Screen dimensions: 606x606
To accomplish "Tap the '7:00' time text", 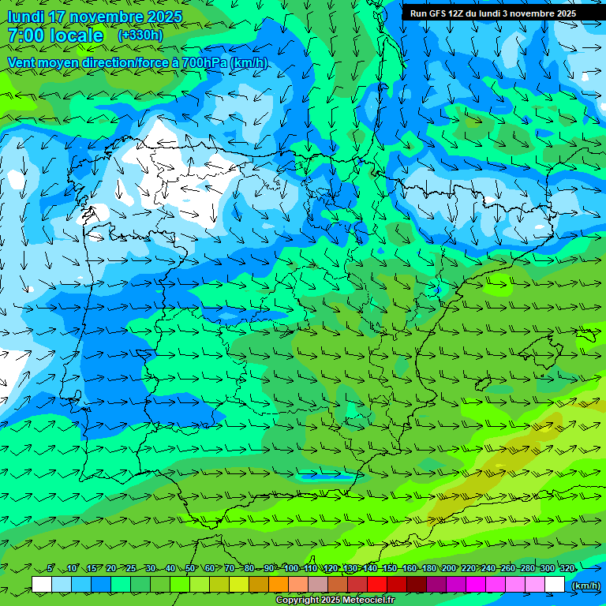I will pos(24,36).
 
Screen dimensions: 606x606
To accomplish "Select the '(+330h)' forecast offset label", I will pos(140,36).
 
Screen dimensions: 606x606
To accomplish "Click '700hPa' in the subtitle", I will pos(204,62).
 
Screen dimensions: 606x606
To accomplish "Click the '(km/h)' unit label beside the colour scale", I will pos(585,585).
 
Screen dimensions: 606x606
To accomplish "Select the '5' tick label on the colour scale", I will pos(50,568).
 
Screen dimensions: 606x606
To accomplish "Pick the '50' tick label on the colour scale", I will pos(190,568).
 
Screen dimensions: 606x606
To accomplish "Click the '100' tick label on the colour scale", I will pos(291,568).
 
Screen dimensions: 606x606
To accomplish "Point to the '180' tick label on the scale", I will pos(429,568).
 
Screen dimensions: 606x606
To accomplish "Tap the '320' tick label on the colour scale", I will pos(567,568).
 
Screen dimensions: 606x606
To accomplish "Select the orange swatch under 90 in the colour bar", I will pos(279,585).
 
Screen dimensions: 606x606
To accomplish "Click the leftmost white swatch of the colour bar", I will pos(42,585).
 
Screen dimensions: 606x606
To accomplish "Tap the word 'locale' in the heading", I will pos(76,36).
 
